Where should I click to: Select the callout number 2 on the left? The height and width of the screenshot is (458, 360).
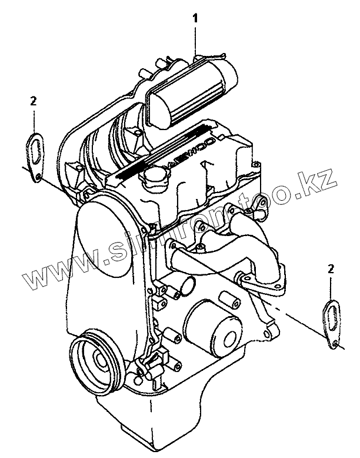[x=34, y=101]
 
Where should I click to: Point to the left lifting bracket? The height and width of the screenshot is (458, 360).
[x=34, y=151]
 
